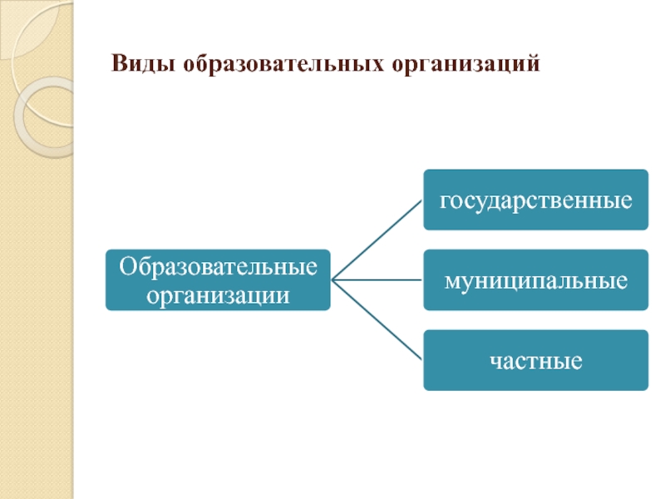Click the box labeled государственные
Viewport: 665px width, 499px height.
point(535,200)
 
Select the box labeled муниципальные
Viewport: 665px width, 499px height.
point(535,279)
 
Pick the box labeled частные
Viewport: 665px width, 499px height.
point(535,360)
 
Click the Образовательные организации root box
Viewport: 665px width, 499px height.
point(218,280)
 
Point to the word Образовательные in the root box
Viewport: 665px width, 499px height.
point(218,267)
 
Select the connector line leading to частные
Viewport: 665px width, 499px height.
point(378,320)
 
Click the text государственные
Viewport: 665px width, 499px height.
point(535,200)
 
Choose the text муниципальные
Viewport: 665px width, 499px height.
point(535,280)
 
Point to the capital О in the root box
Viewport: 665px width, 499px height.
point(126,267)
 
